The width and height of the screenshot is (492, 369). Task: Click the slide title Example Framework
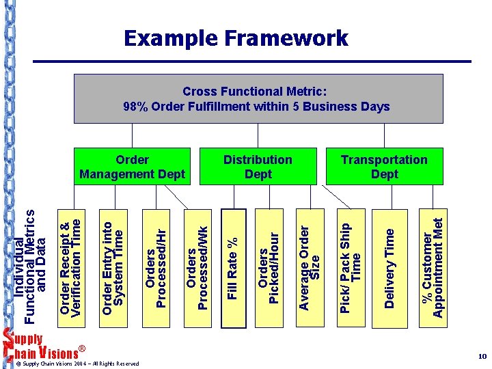click(x=236, y=38)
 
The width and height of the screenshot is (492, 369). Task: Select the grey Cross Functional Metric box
click(x=256, y=98)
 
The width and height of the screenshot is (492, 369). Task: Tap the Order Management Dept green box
click(x=133, y=167)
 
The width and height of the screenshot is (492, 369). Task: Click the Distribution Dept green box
click(x=258, y=167)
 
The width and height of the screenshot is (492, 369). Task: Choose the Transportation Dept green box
click(x=384, y=167)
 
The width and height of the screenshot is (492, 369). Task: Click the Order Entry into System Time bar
click(x=113, y=263)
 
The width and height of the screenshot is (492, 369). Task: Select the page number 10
click(x=482, y=357)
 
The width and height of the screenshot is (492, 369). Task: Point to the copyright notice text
click(x=82, y=364)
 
